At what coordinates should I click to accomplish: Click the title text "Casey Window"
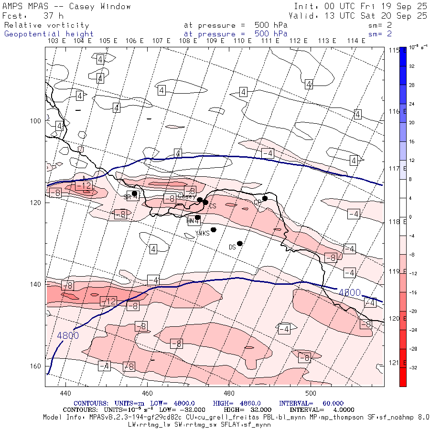coord(100,6)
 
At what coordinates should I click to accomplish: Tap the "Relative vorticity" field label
coord(46,25)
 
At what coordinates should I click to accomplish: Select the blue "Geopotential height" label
coord(49,34)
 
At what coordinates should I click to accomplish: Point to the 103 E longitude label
coord(56,41)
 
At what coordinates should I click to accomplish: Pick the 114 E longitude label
coord(356,41)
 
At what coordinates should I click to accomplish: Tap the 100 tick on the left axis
coord(36,120)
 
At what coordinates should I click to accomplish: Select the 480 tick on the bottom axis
coord(229,393)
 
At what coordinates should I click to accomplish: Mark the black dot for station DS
coord(240,243)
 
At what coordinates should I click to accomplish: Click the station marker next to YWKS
coord(214,230)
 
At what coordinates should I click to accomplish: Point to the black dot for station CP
coord(265,198)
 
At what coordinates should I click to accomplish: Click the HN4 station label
coord(193,221)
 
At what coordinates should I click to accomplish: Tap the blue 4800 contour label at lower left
coord(68,335)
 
